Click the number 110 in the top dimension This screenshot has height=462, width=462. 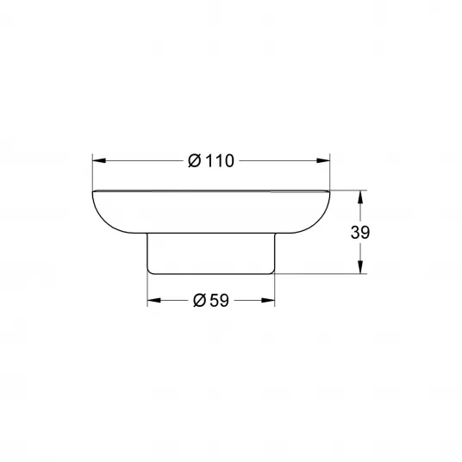[219, 161]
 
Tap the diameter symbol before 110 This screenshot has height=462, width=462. [195, 161]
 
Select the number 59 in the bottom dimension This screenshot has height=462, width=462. [219, 301]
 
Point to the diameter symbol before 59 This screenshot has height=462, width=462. [199, 301]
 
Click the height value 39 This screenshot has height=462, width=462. [360, 233]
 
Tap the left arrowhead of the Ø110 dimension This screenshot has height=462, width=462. [99, 160]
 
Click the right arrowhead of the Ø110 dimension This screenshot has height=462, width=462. [323, 160]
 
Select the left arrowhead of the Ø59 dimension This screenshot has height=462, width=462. [154, 300]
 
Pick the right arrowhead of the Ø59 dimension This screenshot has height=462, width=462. [268, 300]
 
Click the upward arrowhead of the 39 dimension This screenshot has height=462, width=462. [360, 197]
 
